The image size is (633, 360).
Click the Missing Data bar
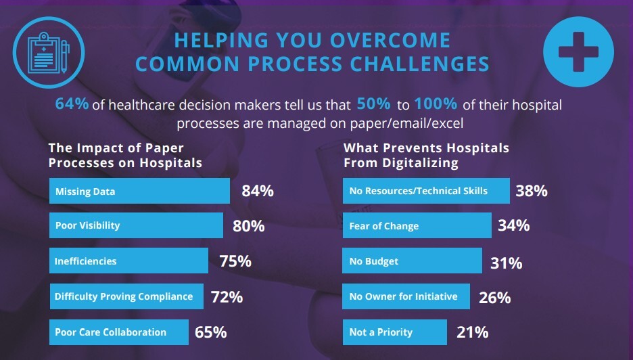(139, 191)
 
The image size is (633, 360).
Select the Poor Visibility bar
(136, 225)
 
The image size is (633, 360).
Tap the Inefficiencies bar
(128, 261)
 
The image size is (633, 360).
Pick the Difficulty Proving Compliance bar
(126, 296)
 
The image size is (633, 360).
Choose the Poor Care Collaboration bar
(118, 332)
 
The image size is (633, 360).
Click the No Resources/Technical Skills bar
(426, 191)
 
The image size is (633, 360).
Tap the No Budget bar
(413, 261)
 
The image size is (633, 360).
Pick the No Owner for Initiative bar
(406, 296)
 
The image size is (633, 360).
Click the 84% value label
(258, 191)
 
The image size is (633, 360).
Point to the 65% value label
(210, 332)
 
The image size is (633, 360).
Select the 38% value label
(532, 191)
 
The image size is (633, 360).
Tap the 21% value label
(472, 332)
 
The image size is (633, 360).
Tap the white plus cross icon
(578, 52)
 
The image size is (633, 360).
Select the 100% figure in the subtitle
(436, 105)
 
